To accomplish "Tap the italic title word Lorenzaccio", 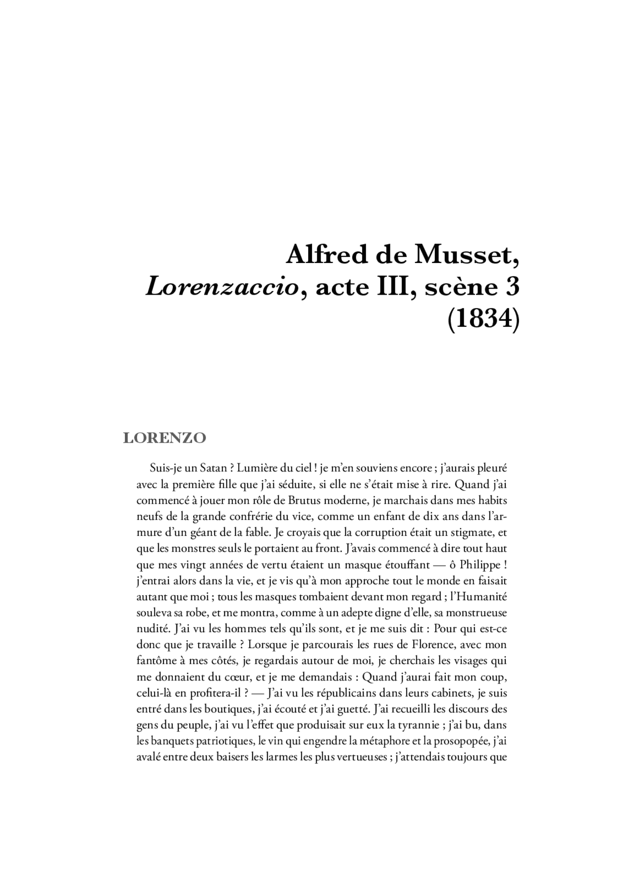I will click(x=221, y=288).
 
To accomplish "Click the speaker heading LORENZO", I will click(x=164, y=438).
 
